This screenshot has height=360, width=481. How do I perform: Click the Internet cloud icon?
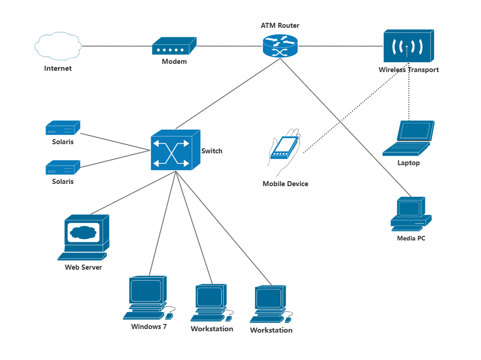58,46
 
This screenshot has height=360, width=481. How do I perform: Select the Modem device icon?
174,47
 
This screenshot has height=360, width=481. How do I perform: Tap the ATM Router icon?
280,46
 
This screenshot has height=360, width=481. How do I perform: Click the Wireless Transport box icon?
408,46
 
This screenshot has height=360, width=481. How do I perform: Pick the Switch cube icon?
175,150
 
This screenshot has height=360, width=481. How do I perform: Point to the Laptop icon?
409,138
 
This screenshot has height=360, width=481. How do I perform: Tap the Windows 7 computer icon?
147,297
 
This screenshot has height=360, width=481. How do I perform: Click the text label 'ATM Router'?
280,26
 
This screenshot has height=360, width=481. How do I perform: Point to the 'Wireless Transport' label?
408,70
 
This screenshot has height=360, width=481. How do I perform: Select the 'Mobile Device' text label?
285,184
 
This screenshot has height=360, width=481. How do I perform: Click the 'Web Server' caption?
83,267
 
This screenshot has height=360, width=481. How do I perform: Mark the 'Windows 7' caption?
149,327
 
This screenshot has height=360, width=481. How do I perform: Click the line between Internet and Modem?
116,46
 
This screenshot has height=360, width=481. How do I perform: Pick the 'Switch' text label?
212,151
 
